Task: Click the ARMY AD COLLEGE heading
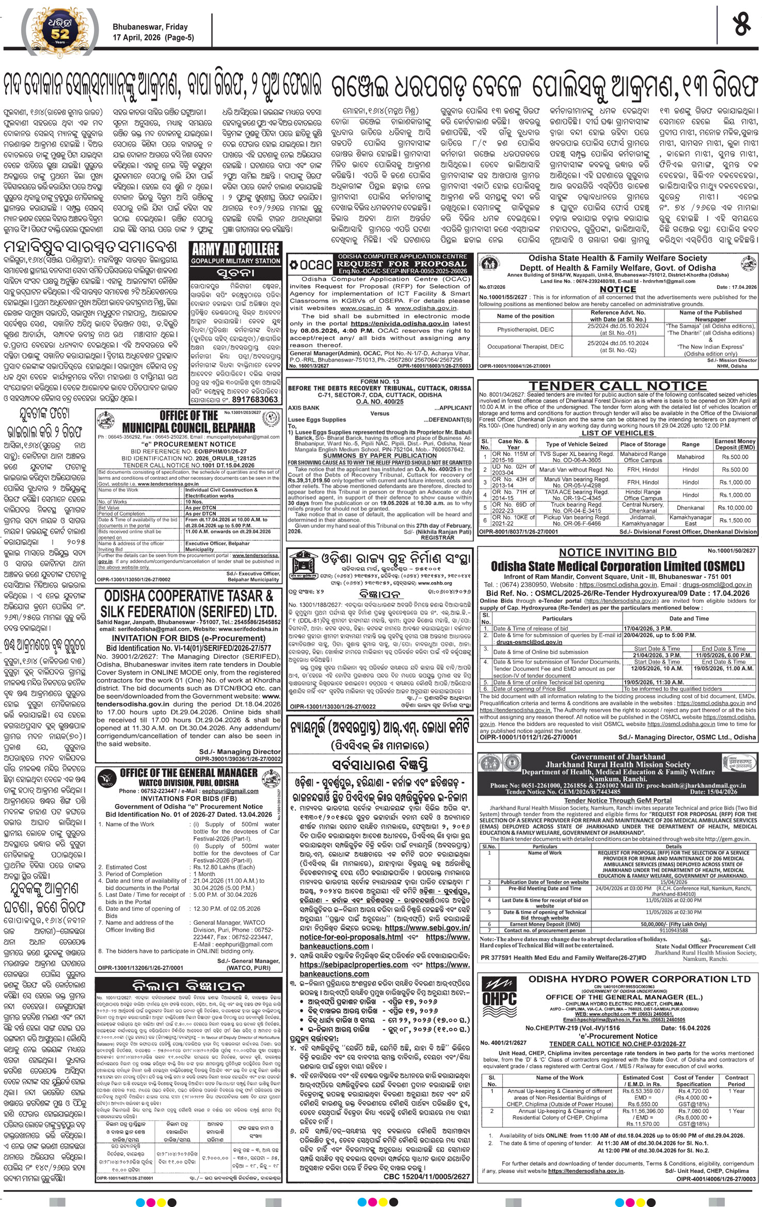(235, 249)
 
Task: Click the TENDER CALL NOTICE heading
(617, 385)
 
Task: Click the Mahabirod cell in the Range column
(690, 457)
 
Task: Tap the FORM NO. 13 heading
(379, 381)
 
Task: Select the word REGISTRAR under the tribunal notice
(437, 537)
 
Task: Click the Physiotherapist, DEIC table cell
(525, 329)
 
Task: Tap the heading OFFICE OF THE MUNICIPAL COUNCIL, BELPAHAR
(188, 422)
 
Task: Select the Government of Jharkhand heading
(617, 757)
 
